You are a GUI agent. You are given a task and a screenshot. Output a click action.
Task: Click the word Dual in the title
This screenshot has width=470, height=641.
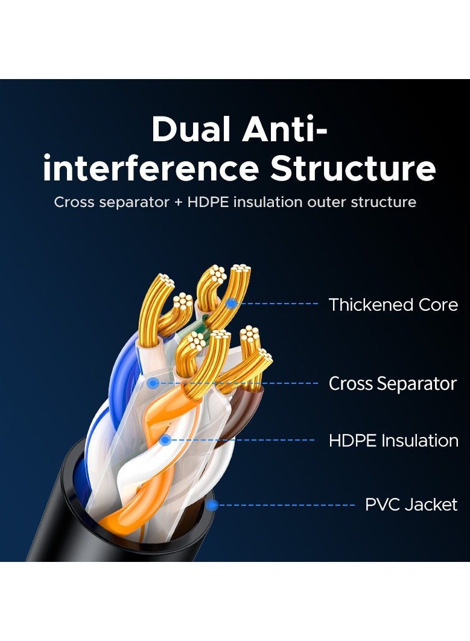tap(191, 129)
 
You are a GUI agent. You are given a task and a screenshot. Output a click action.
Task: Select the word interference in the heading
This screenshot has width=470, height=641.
tap(151, 168)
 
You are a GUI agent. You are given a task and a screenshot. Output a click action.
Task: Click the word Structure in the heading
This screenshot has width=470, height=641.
tap(353, 168)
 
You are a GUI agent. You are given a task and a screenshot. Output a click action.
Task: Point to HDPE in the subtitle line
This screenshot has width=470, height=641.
tap(208, 202)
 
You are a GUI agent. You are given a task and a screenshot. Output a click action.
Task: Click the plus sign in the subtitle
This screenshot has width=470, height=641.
tap(178, 202)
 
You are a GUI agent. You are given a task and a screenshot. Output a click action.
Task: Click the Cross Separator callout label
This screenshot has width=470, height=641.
tap(392, 383)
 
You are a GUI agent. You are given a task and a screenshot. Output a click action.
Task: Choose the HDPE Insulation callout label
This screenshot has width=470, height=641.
tap(393, 441)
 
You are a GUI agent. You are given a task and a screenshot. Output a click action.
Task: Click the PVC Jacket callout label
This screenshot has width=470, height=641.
tap(411, 505)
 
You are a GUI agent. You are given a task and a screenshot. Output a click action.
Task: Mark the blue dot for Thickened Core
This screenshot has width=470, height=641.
tap(231, 304)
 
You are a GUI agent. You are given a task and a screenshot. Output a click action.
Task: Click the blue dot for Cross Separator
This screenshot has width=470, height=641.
tap(154, 383)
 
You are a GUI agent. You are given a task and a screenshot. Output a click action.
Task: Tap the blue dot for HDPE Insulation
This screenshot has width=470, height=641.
tap(165, 440)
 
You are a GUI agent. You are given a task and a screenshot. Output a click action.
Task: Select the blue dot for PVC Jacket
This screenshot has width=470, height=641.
tap(211, 505)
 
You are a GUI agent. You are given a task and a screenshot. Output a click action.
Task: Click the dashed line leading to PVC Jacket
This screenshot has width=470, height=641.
tap(285, 505)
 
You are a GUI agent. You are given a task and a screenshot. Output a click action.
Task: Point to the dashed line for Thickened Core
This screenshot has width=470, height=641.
tap(277, 304)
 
